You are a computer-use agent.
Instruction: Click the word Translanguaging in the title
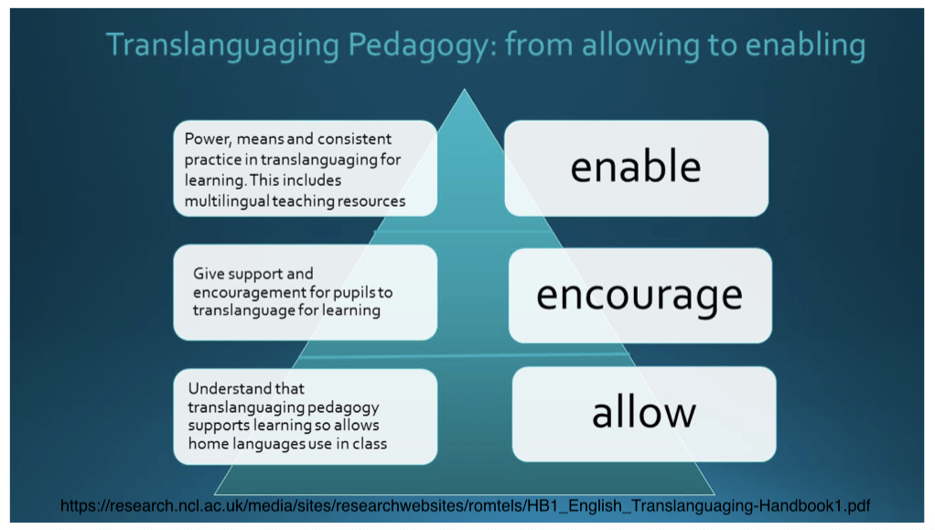tap(222, 47)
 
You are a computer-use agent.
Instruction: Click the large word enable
tap(636, 167)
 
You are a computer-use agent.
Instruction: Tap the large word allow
tap(644, 412)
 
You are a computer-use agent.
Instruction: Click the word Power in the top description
tap(208, 140)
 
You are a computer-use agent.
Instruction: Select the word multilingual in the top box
tap(227, 201)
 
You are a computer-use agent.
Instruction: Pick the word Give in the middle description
tap(208, 274)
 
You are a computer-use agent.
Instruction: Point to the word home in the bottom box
tap(208, 443)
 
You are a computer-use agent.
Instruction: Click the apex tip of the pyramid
tap(465, 90)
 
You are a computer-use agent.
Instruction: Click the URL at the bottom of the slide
tap(465, 506)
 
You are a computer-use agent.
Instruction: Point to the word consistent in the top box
tap(354, 139)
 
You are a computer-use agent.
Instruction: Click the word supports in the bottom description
tap(219, 426)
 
